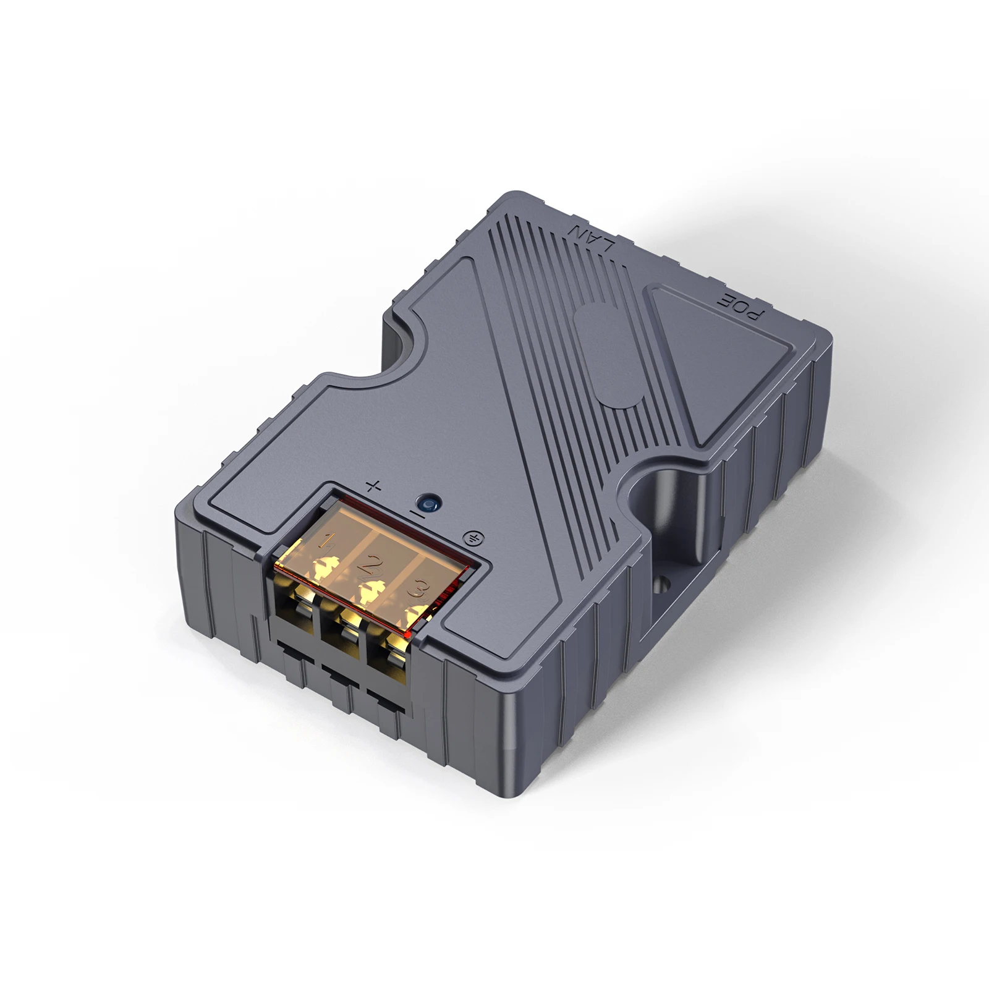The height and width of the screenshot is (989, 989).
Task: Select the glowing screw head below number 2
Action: click(x=371, y=592)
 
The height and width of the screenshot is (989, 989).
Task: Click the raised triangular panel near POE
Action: click(x=711, y=365)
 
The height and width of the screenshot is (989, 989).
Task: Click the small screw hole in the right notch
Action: click(x=663, y=582)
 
